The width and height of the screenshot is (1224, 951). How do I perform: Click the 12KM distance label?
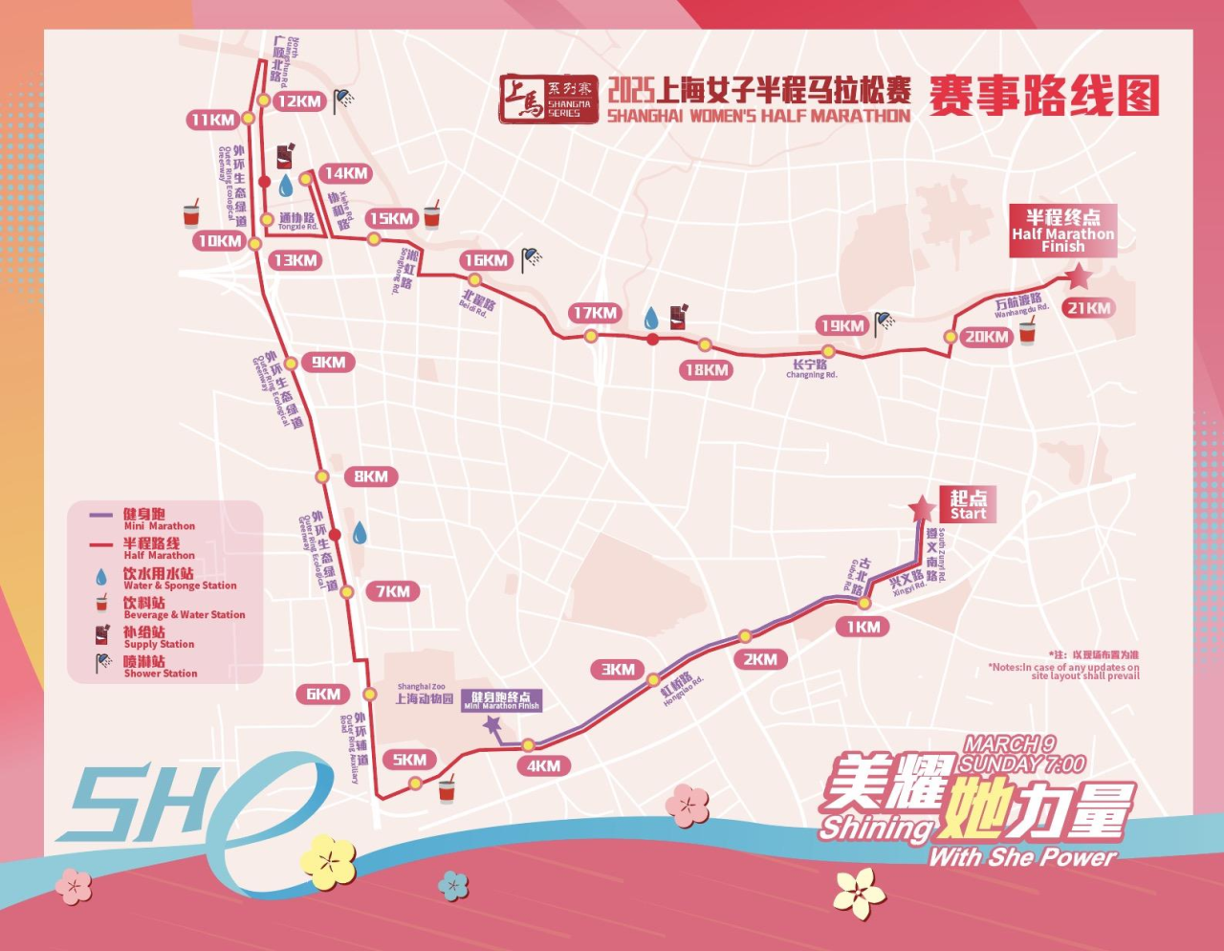coord(298,101)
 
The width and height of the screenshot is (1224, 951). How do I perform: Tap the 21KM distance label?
coord(1089,308)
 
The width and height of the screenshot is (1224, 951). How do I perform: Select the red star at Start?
coord(922,508)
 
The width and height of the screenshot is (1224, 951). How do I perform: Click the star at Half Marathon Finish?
coord(1080,277)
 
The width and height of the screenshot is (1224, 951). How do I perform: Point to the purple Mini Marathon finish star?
coord(492,726)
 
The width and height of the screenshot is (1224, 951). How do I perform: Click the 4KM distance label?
coord(543,765)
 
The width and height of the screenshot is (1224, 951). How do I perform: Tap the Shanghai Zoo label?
coord(424,695)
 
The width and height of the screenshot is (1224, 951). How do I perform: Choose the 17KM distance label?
coord(595,313)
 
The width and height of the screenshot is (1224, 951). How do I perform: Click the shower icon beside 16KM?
coord(532,258)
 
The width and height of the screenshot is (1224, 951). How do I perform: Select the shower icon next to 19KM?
coord(885,321)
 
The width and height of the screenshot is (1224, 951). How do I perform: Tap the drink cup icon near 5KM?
coord(447,790)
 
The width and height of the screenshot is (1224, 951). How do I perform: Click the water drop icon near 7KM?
coord(360,533)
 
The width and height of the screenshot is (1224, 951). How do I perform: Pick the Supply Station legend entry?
coord(158,636)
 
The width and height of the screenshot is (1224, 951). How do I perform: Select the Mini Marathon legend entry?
coord(158,520)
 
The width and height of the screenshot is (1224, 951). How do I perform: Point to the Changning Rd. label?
coord(810,368)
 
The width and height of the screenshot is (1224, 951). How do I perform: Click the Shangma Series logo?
coord(549,100)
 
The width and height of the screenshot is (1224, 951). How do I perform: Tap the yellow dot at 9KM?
coord(291,364)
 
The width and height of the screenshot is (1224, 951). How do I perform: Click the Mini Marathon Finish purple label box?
coord(502,700)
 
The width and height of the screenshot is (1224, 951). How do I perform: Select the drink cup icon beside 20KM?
coord(1027,333)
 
